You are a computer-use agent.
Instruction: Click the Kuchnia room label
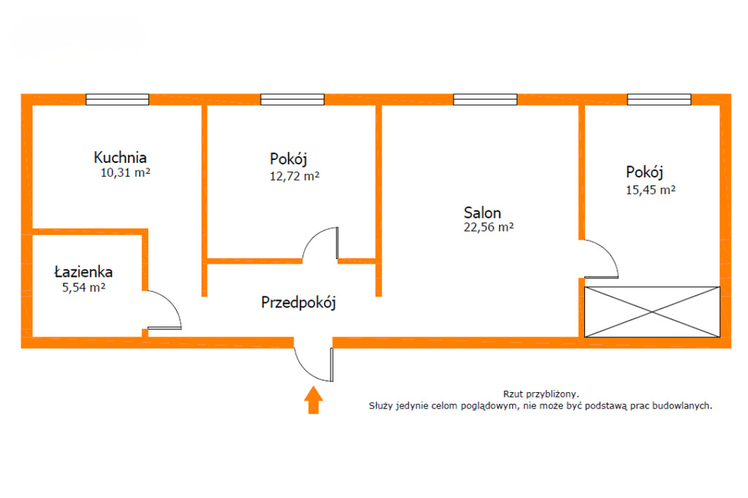[x=120, y=157]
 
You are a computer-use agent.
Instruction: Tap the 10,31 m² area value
[x=125, y=173]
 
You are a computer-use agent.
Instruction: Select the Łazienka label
[x=83, y=272]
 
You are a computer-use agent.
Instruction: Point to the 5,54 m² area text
[x=84, y=288]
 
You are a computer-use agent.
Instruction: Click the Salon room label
[x=482, y=213]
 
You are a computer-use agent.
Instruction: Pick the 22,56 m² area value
[x=489, y=228]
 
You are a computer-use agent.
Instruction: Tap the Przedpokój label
[x=298, y=302]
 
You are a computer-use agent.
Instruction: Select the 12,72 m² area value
[x=294, y=176]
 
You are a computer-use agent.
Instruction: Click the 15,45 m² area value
[x=650, y=190]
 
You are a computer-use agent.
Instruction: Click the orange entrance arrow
[x=313, y=400]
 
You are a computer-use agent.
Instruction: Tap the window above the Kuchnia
[x=117, y=99]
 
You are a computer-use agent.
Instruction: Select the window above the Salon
[x=484, y=99]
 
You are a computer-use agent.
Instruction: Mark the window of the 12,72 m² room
[x=292, y=99]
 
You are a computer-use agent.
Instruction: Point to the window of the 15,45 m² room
[x=659, y=99]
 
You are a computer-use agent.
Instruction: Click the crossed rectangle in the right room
[x=652, y=311]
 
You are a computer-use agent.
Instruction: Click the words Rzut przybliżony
[x=541, y=393]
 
